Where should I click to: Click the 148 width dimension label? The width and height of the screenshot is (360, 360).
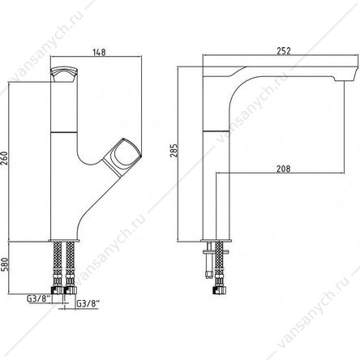(x=99, y=52)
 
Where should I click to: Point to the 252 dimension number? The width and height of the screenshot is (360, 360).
(x=284, y=51)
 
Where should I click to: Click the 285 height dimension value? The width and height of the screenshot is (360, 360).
(x=174, y=150)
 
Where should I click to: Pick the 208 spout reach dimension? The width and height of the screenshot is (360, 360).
(x=283, y=169)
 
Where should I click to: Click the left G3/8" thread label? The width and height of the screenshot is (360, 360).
(x=38, y=299)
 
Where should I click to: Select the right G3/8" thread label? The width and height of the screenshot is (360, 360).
(x=88, y=303)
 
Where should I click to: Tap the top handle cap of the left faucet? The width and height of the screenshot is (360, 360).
(x=64, y=74)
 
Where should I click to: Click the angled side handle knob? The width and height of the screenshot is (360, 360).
(x=122, y=156)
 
